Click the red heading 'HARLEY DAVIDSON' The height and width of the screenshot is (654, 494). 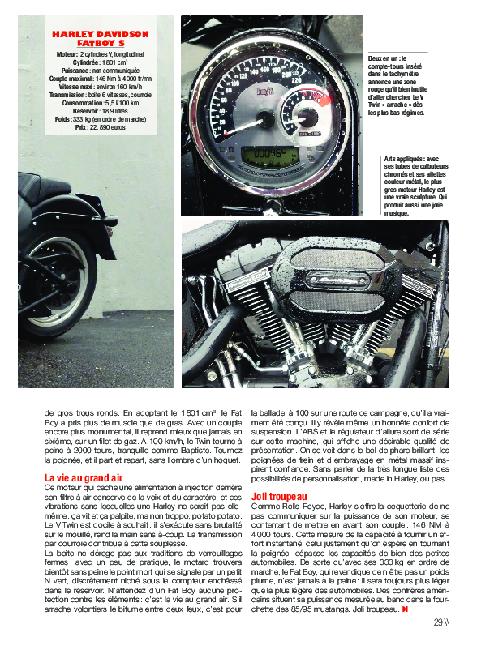(101, 34)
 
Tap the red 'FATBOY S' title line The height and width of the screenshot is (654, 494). (101, 43)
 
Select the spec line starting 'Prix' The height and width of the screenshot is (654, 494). (101, 128)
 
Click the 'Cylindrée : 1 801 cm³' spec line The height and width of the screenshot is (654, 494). (101, 62)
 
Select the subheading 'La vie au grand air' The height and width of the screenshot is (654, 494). (84, 478)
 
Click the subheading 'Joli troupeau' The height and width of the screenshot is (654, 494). (278, 495)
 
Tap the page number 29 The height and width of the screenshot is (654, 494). (438, 622)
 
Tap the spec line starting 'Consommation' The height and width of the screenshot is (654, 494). (101, 103)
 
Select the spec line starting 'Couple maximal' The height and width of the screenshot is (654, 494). (101, 78)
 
